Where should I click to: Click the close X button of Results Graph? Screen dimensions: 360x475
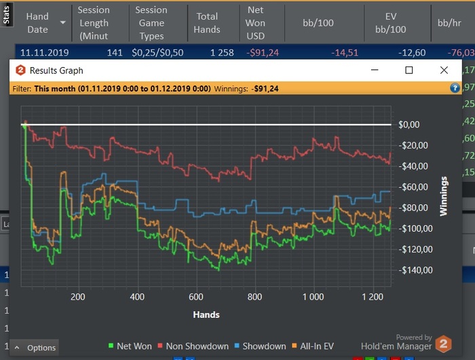click(x=444, y=70)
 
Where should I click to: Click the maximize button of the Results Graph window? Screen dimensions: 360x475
click(x=408, y=70)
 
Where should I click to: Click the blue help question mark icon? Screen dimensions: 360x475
click(x=455, y=88)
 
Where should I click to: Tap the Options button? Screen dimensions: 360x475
click(x=35, y=348)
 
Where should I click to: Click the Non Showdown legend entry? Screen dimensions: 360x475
click(x=193, y=346)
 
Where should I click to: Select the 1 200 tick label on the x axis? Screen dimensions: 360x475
click(x=372, y=296)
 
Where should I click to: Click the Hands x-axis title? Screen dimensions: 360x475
click(x=206, y=315)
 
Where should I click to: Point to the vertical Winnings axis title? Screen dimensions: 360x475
click(x=444, y=197)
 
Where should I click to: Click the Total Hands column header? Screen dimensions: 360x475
click(x=207, y=23)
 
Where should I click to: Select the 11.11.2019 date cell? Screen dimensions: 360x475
click(x=42, y=52)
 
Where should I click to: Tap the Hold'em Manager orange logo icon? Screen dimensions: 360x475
click(x=443, y=344)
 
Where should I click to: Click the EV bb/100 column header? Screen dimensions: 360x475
click(x=390, y=23)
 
